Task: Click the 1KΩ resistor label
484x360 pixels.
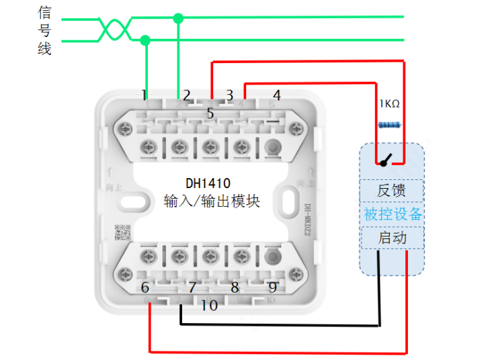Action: (389, 104)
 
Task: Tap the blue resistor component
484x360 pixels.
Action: (390, 125)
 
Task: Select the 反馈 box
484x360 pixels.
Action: (392, 191)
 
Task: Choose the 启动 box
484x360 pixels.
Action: (392, 238)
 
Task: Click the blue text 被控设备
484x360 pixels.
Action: (393, 214)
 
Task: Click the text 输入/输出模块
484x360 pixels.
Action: (212, 200)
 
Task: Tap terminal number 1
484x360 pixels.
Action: (145, 94)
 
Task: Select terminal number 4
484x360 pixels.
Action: (276, 95)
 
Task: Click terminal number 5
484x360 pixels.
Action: (210, 114)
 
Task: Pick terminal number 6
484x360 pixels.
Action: (145, 288)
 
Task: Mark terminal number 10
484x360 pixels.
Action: (210, 306)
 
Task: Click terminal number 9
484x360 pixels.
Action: (273, 287)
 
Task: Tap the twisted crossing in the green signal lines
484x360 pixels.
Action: (114, 29)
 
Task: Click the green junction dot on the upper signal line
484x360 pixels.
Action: (178, 18)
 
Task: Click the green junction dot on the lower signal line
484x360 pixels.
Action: (145, 40)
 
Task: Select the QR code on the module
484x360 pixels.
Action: (122, 232)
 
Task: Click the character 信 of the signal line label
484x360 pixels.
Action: (44, 12)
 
